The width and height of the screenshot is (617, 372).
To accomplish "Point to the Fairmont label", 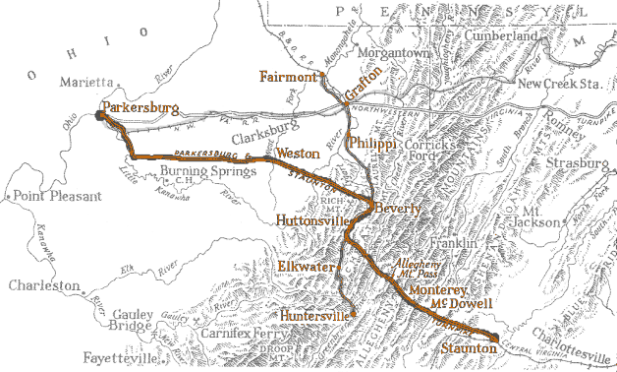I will click(x=288, y=76).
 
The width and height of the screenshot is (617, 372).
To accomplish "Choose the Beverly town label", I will click(x=398, y=210).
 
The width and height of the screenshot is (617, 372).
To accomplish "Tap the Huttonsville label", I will click(x=311, y=219).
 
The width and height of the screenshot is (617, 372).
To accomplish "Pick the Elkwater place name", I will click(x=307, y=267).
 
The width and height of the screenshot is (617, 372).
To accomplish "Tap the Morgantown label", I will click(x=393, y=51).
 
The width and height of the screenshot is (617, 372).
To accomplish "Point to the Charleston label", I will click(x=44, y=285).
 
